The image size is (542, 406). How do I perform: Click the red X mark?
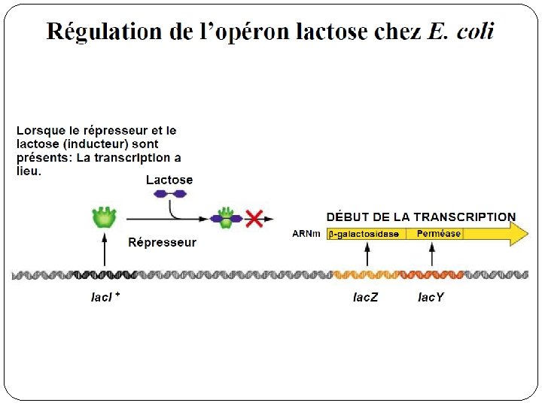pyautogui.click(x=254, y=219)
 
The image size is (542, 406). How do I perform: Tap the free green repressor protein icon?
pyautogui.click(x=105, y=217)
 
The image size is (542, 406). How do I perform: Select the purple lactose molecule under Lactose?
pyautogui.click(x=169, y=193)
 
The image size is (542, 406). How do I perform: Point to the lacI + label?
pyautogui.click(x=105, y=297)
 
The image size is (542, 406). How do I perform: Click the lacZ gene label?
pyautogui.click(x=366, y=298)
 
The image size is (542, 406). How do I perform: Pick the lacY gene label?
pyautogui.click(x=431, y=298)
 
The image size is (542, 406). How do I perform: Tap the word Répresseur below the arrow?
pyautogui.click(x=162, y=242)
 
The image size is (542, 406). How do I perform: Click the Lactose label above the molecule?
pyautogui.click(x=169, y=180)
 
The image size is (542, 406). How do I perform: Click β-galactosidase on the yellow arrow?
pyautogui.click(x=365, y=234)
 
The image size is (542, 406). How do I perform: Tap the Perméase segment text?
pyautogui.click(x=439, y=234)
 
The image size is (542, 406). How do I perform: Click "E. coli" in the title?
pyautogui.click(x=461, y=32)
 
